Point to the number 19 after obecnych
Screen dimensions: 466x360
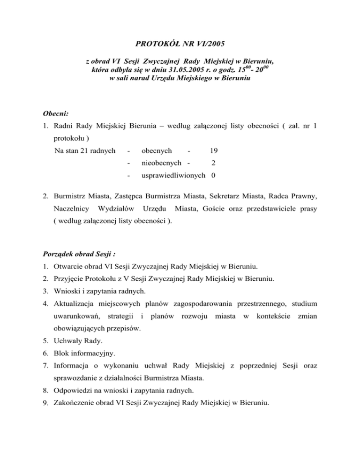tap(214, 151)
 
